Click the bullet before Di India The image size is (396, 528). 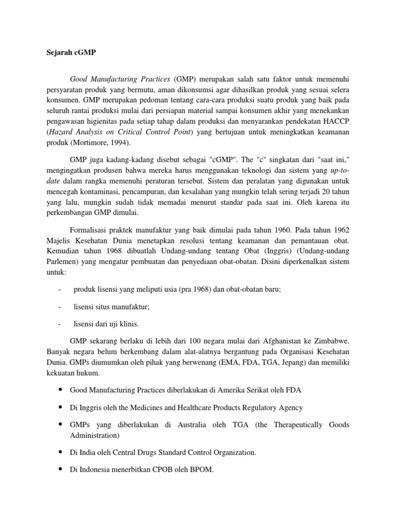[x=61, y=452]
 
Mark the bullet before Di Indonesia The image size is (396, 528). [x=61, y=469]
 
